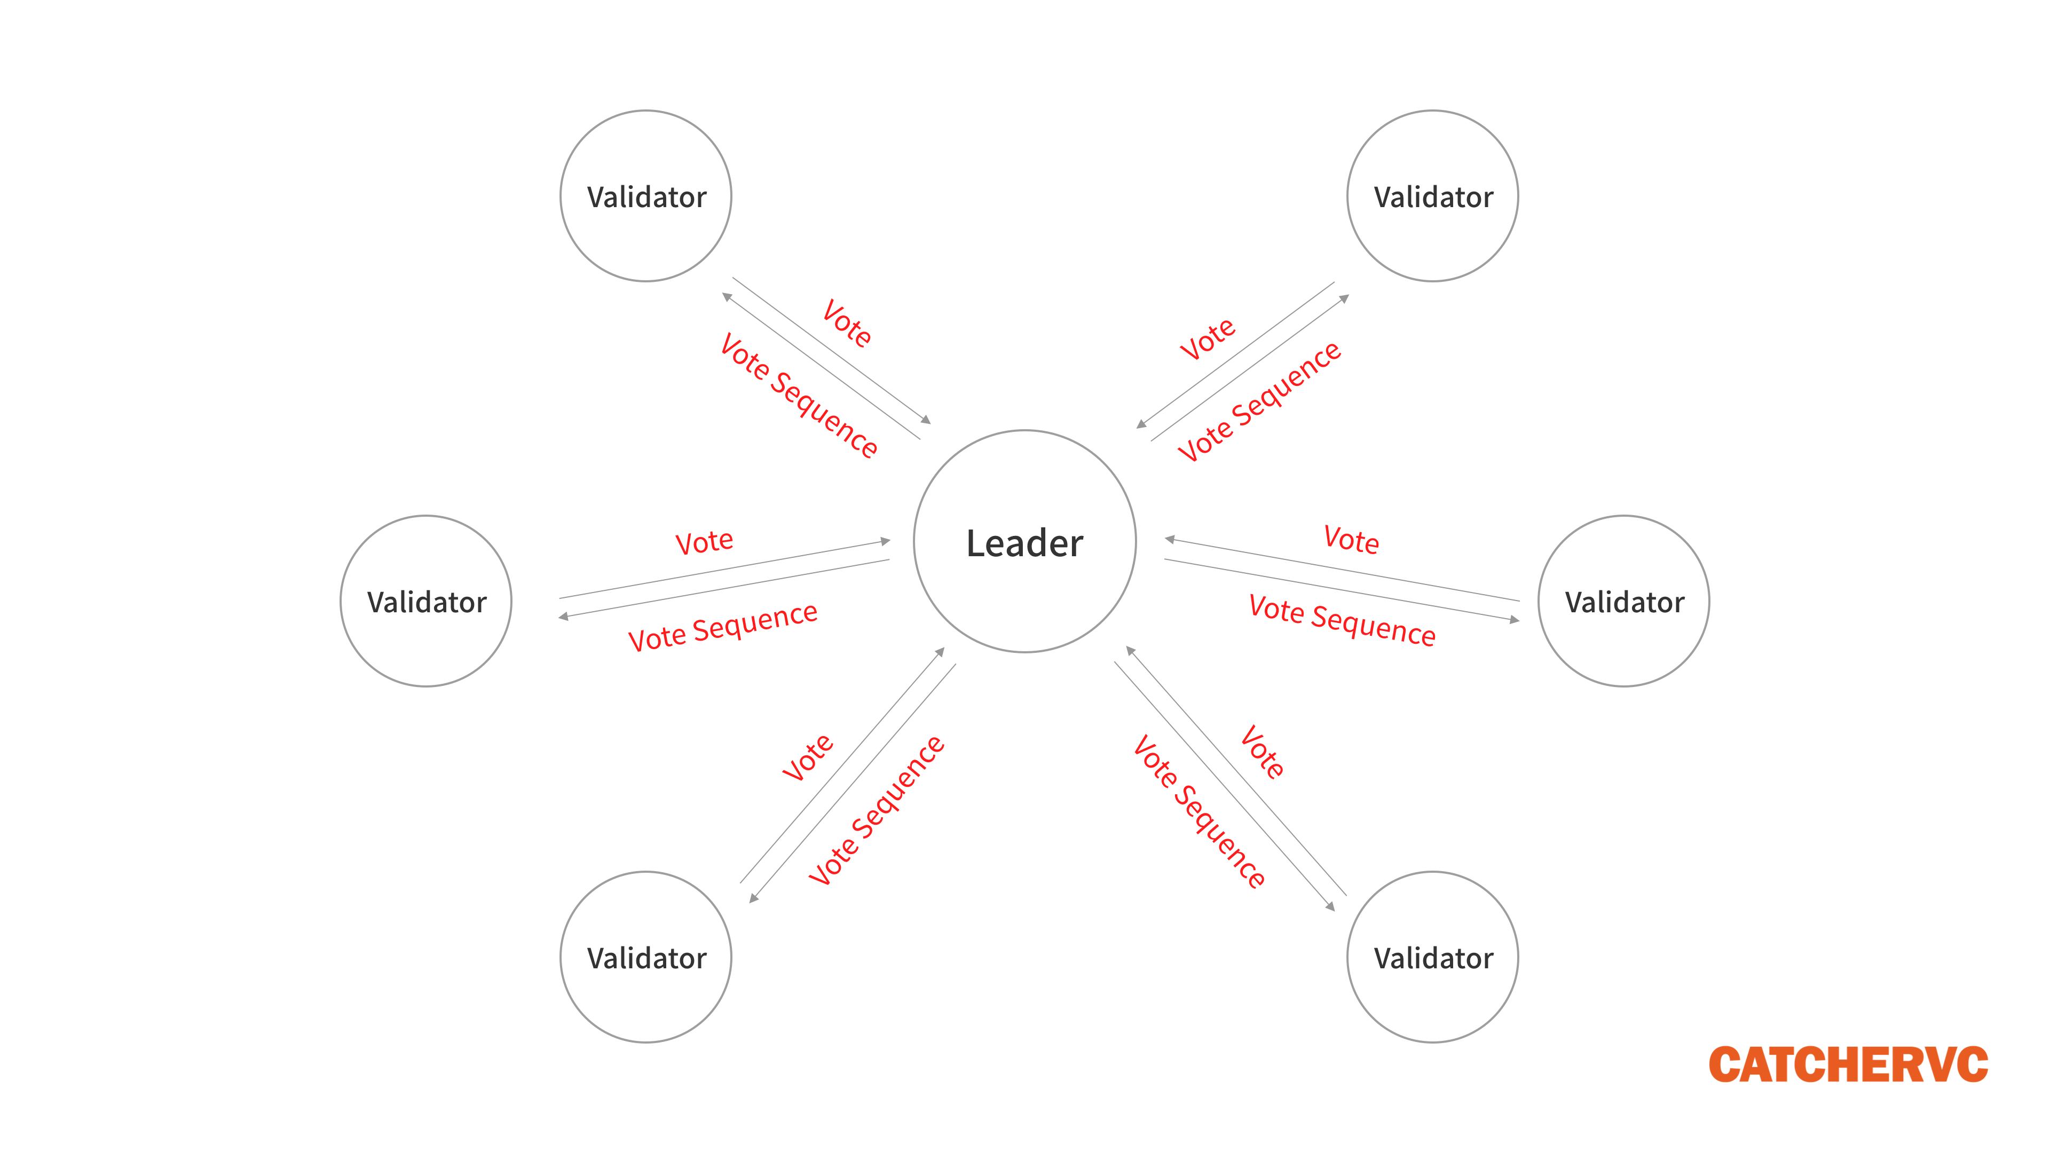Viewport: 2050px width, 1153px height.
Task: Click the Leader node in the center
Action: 1024,542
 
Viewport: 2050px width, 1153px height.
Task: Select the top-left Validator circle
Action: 645,196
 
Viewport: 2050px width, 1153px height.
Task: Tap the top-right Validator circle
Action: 1432,196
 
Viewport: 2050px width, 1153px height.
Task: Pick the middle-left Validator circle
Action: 426,601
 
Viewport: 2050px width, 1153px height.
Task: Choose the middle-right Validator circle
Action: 1623,601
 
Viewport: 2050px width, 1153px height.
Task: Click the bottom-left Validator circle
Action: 645,957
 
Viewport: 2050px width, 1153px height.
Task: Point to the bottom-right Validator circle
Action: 1432,957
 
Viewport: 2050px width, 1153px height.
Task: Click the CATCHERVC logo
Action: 1848,1065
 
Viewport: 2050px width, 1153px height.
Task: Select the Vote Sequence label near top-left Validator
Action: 798,396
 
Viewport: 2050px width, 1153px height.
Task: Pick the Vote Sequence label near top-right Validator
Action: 1260,402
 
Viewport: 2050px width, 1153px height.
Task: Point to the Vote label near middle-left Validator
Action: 704,543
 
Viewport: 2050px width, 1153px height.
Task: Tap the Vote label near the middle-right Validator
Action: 1351,540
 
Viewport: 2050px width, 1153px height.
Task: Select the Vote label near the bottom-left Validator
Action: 808,757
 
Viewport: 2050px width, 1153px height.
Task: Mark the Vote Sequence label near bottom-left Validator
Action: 876,811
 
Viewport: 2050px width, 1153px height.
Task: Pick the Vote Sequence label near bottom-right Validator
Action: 1199,811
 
